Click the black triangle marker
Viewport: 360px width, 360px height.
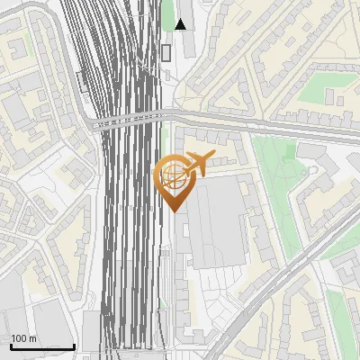tap(181, 24)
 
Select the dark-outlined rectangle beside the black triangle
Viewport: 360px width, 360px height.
tap(166, 52)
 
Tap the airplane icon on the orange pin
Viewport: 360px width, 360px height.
tap(198, 163)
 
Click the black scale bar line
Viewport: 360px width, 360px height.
tap(40, 347)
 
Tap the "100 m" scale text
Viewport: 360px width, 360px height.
tap(23, 338)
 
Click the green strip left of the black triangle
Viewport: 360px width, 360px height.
tap(167, 13)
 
